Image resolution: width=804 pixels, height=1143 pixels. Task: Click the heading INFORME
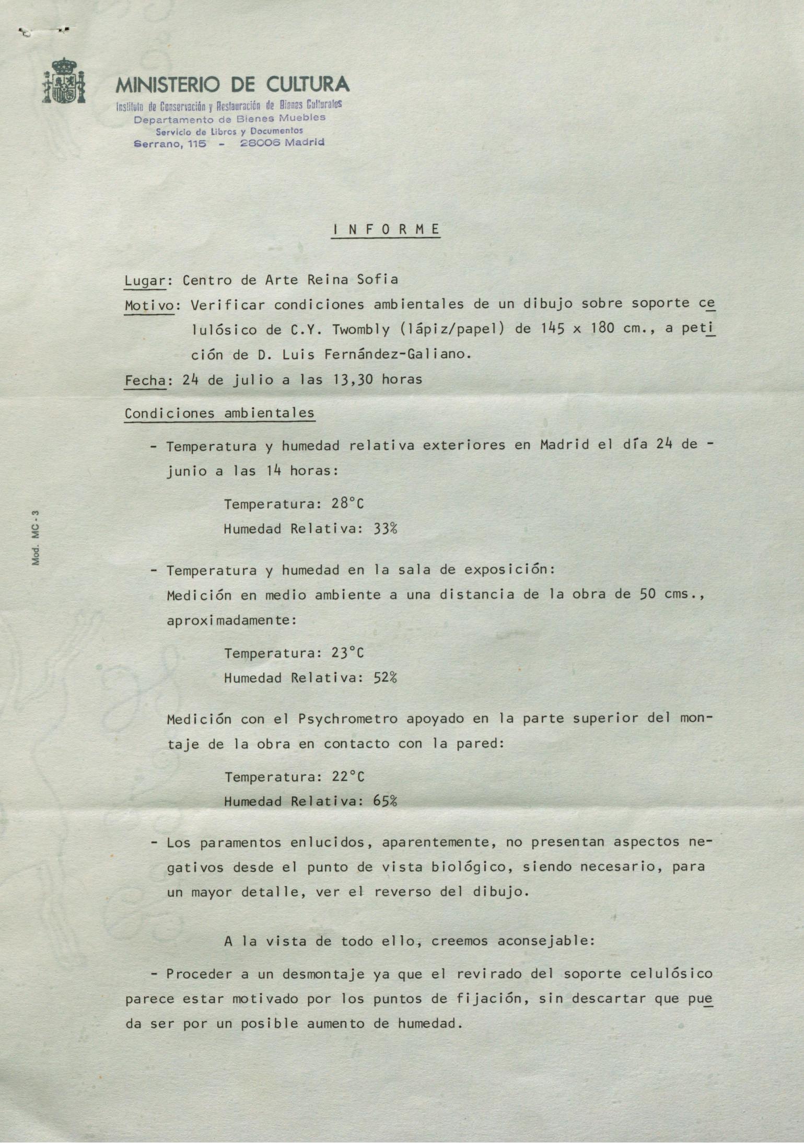[x=386, y=229]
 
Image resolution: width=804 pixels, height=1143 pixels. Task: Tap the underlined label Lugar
[x=144, y=281]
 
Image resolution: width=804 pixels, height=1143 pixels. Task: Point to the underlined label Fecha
[x=144, y=380]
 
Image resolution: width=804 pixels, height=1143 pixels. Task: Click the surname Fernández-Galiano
[x=398, y=355]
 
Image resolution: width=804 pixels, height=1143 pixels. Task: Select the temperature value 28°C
[x=347, y=504]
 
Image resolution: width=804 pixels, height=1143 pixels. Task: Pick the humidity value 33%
[x=385, y=529]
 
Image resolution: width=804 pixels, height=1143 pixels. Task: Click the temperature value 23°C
[x=347, y=653]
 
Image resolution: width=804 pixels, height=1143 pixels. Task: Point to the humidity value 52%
[x=385, y=678]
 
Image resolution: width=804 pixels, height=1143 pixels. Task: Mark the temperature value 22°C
[x=348, y=777]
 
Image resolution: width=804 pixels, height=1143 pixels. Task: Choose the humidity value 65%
[x=385, y=801]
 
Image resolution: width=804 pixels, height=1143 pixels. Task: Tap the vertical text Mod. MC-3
[x=36, y=538]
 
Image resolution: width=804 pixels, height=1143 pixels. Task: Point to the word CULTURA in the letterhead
[x=307, y=84]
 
